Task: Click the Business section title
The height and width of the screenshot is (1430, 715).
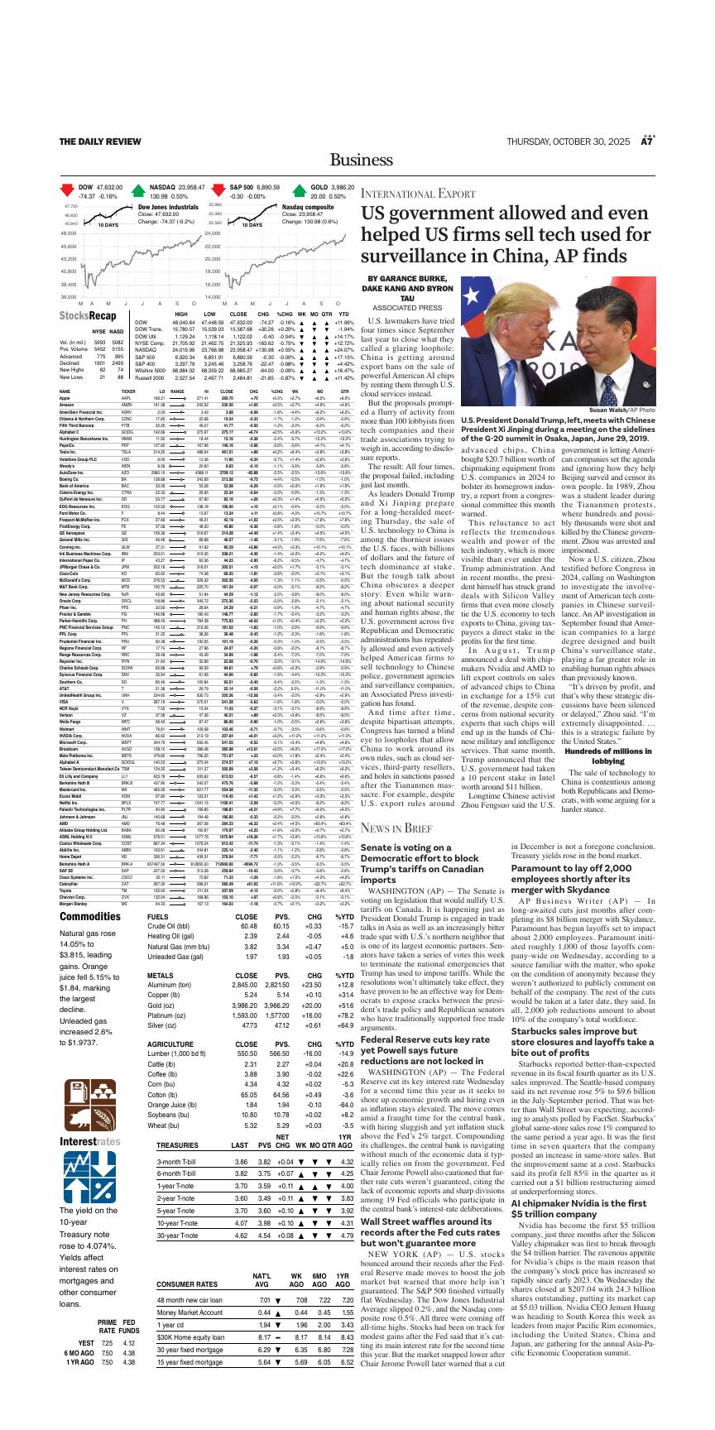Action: pyautogui.click(x=357, y=159)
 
